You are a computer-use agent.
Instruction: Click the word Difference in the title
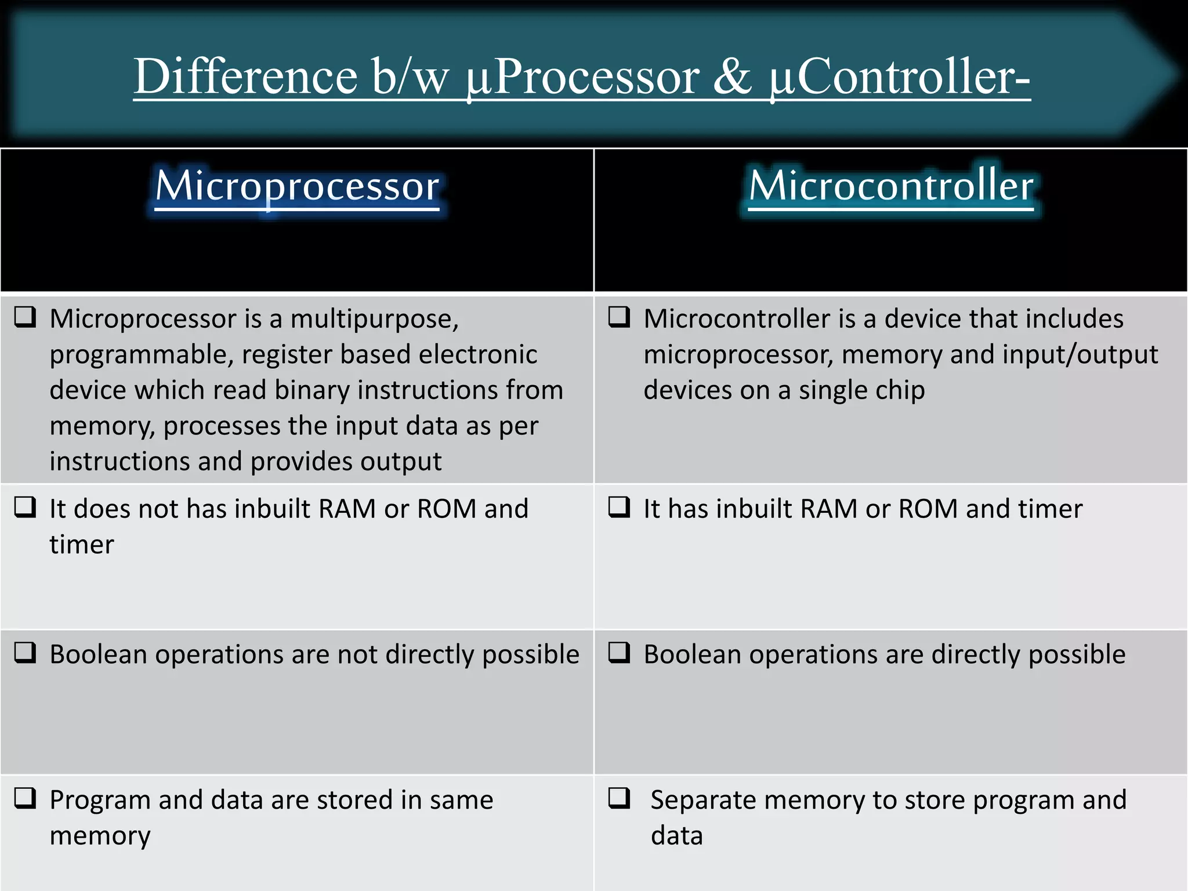pyautogui.click(x=245, y=77)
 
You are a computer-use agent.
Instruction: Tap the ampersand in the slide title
pyautogui.click(x=732, y=77)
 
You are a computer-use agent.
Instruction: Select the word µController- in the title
pyautogui.click(x=900, y=78)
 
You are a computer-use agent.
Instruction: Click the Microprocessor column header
pyautogui.click(x=297, y=186)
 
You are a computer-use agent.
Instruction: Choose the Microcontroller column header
pyautogui.click(x=891, y=186)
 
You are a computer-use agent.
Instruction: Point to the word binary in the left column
pyautogui.click(x=312, y=390)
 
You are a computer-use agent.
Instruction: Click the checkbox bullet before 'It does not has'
pyautogui.click(x=26, y=508)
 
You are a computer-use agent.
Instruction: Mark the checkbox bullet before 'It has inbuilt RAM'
pyautogui.click(x=619, y=508)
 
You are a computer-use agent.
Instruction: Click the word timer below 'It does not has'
pyautogui.click(x=82, y=545)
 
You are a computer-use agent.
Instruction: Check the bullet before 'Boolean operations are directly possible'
pyautogui.click(x=619, y=653)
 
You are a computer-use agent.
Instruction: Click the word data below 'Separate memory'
pyautogui.click(x=676, y=836)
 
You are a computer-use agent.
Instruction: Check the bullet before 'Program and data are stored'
pyautogui.click(x=26, y=799)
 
